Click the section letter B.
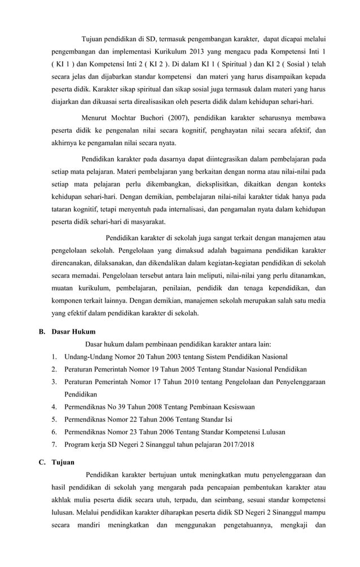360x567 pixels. point(42,332)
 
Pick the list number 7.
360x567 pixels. point(53,444)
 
